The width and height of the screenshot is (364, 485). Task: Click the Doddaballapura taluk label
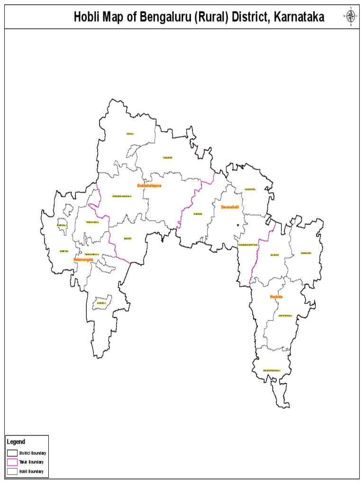[x=149, y=186]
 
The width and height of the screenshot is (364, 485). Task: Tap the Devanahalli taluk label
[x=229, y=207]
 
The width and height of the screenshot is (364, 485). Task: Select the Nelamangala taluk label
[x=83, y=260]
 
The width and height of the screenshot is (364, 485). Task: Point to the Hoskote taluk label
[x=276, y=296]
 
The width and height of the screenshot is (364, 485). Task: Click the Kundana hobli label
[x=198, y=214]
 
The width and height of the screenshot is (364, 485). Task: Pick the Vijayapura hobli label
[x=250, y=189]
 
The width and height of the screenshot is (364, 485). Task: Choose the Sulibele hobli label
[x=275, y=255]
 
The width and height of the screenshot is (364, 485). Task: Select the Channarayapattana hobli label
[x=248, y=245]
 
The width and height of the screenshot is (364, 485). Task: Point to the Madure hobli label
[x=127, y=239]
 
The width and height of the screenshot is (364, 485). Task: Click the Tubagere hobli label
[x=167, y=158]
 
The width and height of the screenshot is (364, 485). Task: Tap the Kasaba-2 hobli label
[x=101, y=303]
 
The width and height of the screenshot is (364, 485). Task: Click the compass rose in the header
[x=351, y=17]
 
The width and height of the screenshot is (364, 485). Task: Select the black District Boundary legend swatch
[x=12, y=453]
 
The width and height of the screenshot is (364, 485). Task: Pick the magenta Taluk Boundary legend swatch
[x=12, y=462]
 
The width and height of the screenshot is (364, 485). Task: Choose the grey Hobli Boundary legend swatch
[x=12, y=471]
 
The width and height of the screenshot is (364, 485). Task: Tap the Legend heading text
[x=16, y=442]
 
